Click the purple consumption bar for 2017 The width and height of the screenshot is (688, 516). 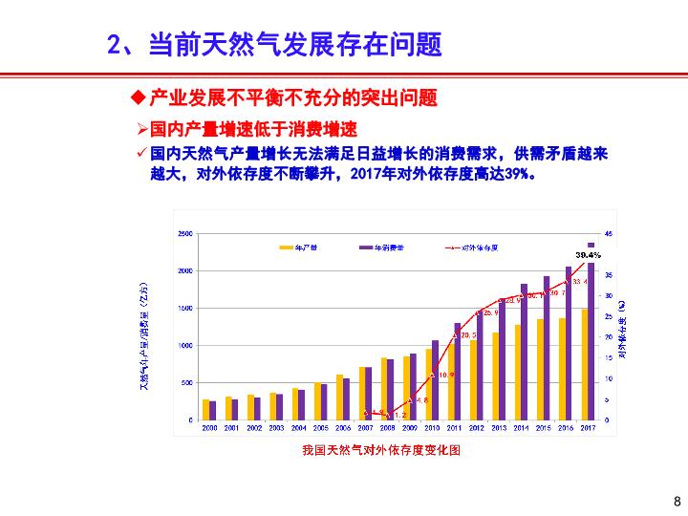click(x=591, y=334)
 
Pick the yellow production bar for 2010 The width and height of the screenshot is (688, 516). click(x=428, y=384)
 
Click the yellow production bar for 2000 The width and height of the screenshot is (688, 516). click(x=205, y=410)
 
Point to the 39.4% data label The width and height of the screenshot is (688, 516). click(x=589, y=255)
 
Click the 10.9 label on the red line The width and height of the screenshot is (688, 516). click(x=446, y=375)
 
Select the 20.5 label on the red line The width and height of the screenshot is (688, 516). click(x=468, y=335)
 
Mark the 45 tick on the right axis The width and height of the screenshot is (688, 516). click(x=609, y=233)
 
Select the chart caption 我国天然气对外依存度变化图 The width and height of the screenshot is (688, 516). click(x=381, y=450)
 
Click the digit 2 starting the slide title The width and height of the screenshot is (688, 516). click(x=113, y=44)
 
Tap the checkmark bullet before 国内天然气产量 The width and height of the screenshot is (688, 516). click(x=142, y=153)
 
